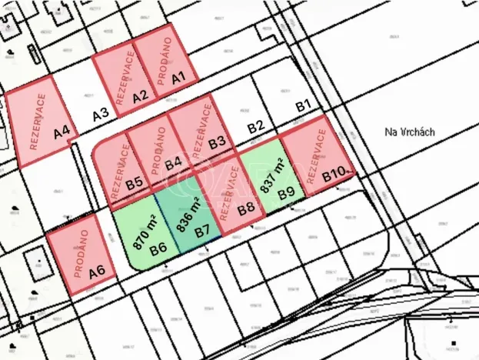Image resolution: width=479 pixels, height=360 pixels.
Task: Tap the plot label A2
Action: coord(140,96)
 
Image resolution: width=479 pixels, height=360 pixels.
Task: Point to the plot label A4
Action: coord(63,132)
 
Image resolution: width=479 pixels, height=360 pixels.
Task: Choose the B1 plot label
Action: coord(303,104)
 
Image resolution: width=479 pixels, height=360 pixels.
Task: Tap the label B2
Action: coord(256,126)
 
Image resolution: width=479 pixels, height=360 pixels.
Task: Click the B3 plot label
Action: coord(217,142)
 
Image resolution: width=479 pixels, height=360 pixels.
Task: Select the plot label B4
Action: coord(174,162)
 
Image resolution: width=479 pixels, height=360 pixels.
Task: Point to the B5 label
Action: coord(135,183)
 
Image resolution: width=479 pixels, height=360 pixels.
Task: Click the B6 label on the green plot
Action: coord(159,248)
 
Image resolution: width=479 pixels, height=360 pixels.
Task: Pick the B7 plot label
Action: coord(202,229)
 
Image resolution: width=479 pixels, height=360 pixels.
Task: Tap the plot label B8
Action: coord(246,208)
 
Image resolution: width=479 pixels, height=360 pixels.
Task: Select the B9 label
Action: coord(287,193)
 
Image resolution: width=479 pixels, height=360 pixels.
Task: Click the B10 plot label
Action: coord(332,176)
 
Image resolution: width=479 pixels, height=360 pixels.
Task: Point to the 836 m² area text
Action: coord(185,214)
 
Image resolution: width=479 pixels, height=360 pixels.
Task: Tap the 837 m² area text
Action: coord(271,175)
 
